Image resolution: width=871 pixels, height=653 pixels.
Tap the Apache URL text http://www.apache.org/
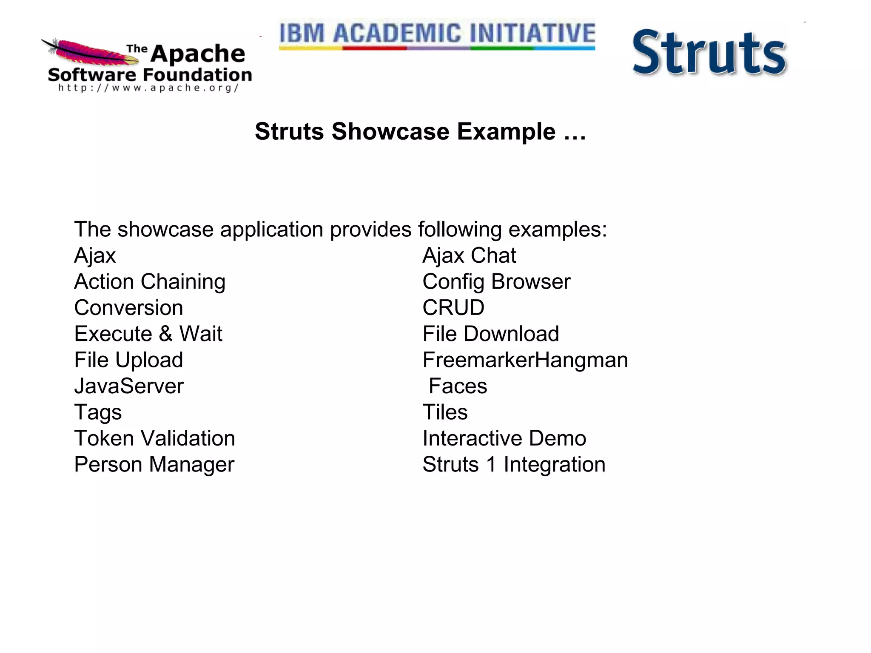[x=148, y=88]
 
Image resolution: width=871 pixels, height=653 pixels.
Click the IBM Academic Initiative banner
[x=437, y=35]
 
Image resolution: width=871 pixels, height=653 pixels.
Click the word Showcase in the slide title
[x=390, y=131]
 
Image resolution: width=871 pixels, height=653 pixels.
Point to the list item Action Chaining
[x=150, y=282]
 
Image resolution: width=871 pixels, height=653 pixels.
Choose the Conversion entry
[x=128, y=308]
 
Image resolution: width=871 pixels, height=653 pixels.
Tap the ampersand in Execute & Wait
[x=166, y=334]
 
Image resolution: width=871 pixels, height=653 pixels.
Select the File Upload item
[x=128, y=360]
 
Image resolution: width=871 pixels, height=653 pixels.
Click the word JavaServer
[x=129, y=386]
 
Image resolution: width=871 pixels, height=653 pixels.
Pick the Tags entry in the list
[x=98, y=412]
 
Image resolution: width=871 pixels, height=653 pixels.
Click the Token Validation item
[x=154, y=438]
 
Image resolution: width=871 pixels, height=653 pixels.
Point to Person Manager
[x=154, y=464]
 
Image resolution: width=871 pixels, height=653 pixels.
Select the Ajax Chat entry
[x=469, y=256]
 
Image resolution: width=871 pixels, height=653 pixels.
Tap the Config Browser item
[x=496, y=282]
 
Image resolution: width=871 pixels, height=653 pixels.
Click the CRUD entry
[x=453, y=308]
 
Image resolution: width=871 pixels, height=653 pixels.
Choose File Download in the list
[x=490, y=334]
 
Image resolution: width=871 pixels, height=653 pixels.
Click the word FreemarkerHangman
[x=525, y=360]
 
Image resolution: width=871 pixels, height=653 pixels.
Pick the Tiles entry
[x=445, y=412]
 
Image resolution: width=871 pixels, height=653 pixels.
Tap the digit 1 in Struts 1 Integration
[x=492, y=464]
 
